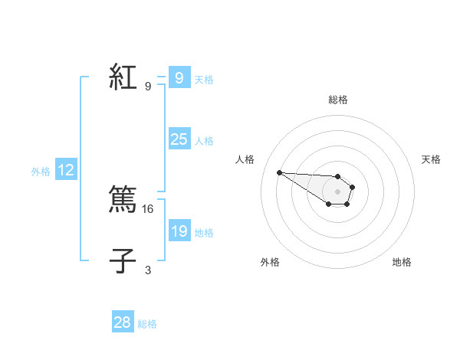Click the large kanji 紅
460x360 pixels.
point(123,78)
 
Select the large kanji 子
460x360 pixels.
point(123,262)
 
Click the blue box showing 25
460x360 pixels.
point(179,139)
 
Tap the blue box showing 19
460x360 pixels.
point(179,231)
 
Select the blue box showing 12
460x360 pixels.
point(66,171)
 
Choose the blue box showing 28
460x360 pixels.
point(123,322)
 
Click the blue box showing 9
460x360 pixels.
point(179,78)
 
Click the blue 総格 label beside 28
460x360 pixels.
point(147,324)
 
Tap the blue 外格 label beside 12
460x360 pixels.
point(41,172)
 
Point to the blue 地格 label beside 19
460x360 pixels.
point(204,232)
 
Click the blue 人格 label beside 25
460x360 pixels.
point(204,141)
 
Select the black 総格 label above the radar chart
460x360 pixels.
point(338,100)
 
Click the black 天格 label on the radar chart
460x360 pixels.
point(432,159)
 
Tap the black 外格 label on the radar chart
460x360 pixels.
point(270,262)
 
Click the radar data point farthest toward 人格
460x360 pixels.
point(280,172)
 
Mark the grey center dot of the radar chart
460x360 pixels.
point(337,191)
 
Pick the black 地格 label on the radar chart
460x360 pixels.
point(402,262)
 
